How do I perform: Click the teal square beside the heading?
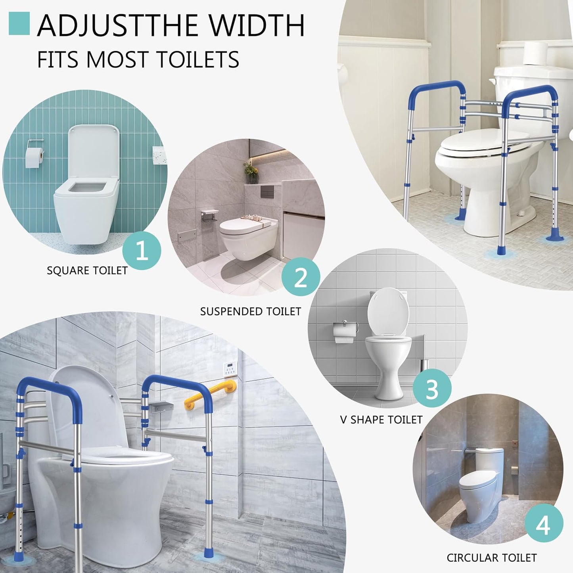[19, 23]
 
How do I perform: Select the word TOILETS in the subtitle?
[198, 59]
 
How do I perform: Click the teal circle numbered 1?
[142, 250]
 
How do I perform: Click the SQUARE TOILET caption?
[87, 270]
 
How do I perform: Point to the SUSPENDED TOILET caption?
[251, 311]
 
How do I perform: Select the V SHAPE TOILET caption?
[381, 420]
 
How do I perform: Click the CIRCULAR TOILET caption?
[492, 558]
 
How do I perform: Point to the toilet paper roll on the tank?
[535, 54]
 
